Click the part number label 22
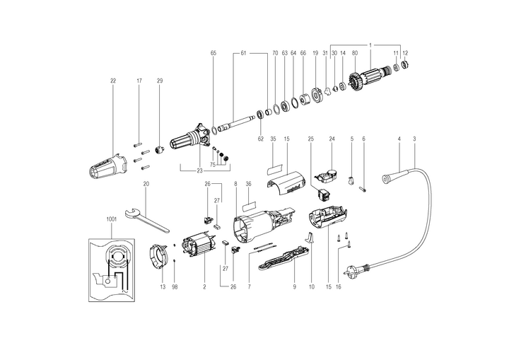(112, 81)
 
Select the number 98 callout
(175, 288)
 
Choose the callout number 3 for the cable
(414, 139)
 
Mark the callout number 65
(213, 54)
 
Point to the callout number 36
(248, 184)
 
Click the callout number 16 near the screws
(338, 288)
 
